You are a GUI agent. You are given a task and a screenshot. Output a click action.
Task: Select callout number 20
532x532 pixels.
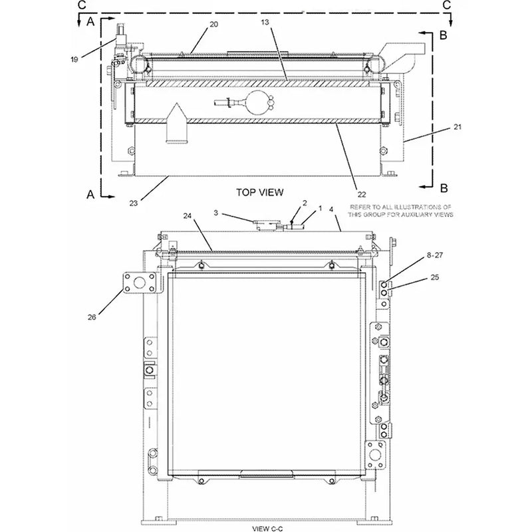click(213, 25)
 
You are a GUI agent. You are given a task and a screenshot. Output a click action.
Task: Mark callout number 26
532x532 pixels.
click(92, 318)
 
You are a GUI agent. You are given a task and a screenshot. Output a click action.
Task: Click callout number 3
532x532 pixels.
click(216, 212)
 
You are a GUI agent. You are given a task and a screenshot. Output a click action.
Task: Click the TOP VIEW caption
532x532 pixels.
click(260, 192)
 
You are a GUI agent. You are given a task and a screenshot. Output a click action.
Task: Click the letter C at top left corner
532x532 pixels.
click(80, 5)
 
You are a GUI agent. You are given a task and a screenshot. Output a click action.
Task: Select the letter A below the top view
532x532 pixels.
click(90, 195)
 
